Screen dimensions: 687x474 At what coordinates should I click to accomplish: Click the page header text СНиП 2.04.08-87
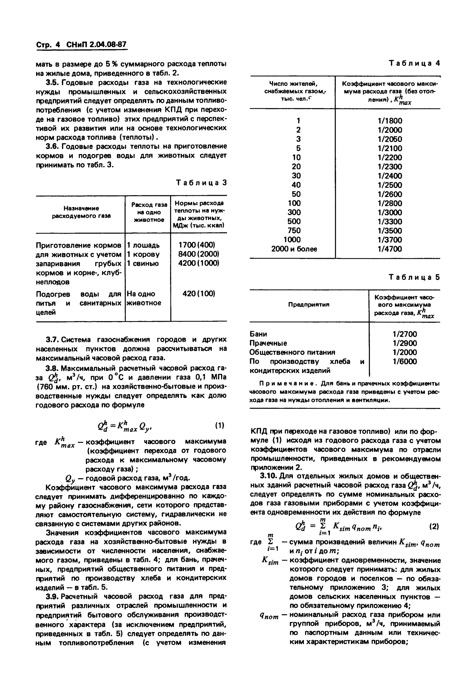click(x=97, y=45)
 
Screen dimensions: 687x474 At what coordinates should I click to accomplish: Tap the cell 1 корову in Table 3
click(x=143, y=254)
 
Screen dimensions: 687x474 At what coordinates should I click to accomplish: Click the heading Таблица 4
click(x=414, y=63)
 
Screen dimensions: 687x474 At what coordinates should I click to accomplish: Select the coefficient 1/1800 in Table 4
click(x=390, y=121)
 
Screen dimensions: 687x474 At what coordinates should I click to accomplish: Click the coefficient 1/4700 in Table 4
click(x=390, y=249)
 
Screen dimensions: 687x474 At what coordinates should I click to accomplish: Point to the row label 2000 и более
click(x=294, y=249)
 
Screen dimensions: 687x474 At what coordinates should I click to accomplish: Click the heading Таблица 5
click(x=414, y=277)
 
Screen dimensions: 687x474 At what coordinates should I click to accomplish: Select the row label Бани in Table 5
click(x=258, y=334)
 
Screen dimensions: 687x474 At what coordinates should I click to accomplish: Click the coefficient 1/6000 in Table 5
click(x=405, y=361)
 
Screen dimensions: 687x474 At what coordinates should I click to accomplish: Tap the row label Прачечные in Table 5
click(x=268, y=343)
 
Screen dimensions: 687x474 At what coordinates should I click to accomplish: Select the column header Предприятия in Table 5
click(x=309, y=304)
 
